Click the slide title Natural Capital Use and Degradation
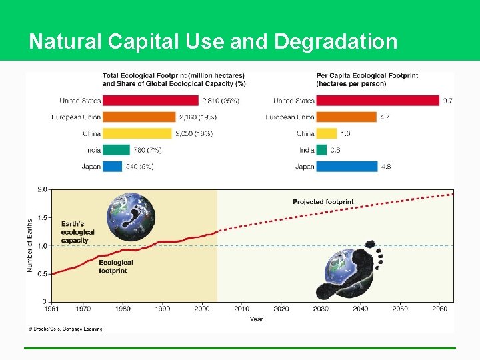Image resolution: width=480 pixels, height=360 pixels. click(x=213, y=41)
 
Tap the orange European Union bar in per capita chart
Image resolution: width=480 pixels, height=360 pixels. click(x=346, y=117)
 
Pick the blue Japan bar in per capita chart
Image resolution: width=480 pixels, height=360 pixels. click(x=347, y=166)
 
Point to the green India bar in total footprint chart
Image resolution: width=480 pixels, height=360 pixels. click(x=116, y=150)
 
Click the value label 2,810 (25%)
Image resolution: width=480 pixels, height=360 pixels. click(x=221, y=101)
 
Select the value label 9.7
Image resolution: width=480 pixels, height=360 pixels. click(x=448, y=101)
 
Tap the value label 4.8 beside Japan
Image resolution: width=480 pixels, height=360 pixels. click(x=385, y=166)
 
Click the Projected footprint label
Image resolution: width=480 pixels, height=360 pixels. click(x=323, y=202)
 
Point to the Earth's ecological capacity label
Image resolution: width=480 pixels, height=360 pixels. click(x=78, y=232)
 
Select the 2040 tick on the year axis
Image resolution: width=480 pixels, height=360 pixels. click(x=360, y=309)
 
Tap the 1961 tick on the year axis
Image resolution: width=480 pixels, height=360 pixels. click(x=52, y=309)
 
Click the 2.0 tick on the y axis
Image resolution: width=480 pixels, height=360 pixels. click(x=42, y=189)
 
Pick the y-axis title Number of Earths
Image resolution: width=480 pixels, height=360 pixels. click(x=30, y=245)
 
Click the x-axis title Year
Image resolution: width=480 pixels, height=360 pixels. click(x=257, y=319)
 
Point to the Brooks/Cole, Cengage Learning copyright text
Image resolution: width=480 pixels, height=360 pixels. click(x=65, y=329)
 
